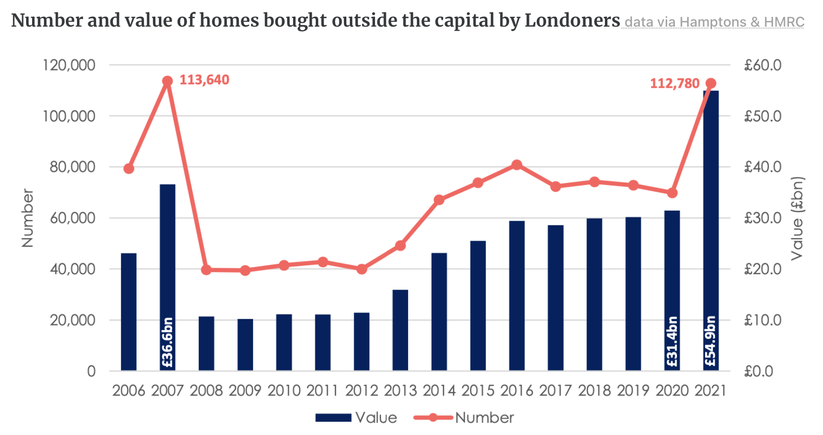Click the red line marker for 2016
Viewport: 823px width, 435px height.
517,165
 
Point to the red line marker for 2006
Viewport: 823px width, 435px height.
129,169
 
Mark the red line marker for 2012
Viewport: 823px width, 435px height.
362,269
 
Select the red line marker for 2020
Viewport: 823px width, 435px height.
672,193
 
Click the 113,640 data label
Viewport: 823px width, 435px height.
204,80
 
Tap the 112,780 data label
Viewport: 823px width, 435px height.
674,83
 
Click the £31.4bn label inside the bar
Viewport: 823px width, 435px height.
672,341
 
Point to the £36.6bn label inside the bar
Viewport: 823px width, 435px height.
168,342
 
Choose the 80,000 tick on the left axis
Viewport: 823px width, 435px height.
72,167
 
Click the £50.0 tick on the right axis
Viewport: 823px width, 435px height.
763,116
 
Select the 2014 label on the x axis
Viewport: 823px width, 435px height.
439,391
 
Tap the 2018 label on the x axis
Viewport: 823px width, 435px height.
594,391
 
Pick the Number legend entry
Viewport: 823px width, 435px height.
464,418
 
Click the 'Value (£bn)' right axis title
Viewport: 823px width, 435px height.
797,218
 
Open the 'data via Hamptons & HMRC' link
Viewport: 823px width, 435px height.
714,22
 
